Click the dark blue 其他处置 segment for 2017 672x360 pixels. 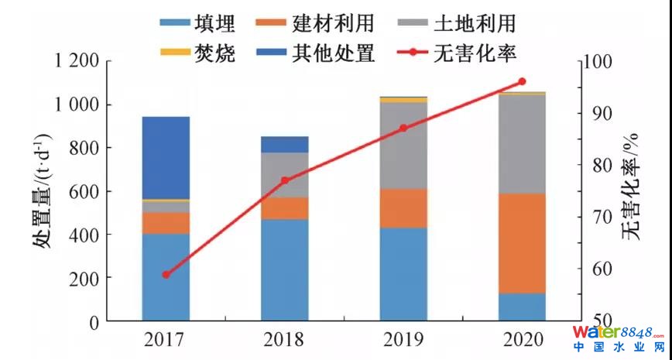[166, 158]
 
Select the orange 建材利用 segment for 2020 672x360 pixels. [522, 243]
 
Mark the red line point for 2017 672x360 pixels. [166, 275]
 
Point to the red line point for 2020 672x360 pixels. [522, 81]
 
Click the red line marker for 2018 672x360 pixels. [284, 180]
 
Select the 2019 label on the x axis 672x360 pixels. [403, 339]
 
